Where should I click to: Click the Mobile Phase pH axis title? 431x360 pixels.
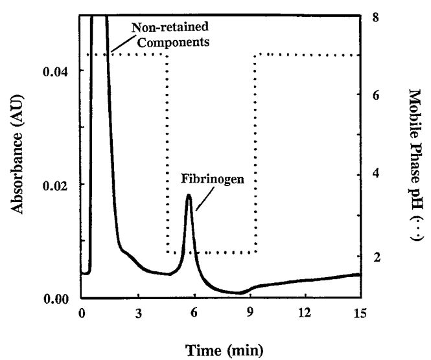click(x=414, y=165)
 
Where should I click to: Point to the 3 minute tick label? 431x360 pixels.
click(x=138, y=315)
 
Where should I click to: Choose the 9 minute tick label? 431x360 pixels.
click(x=249, y=315)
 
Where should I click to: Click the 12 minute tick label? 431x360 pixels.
click(x=304, y=315)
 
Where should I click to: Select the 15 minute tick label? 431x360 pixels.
click(x=360, y=315)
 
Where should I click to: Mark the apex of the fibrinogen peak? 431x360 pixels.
click(x=188, y=195)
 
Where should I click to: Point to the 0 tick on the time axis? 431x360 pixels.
click(x=82, y=315)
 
